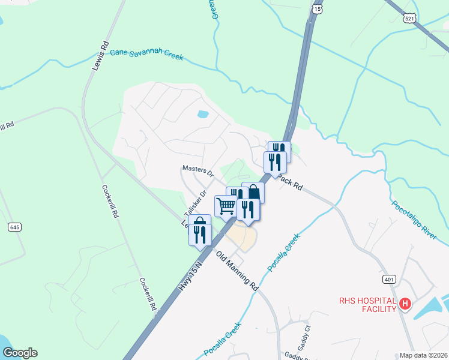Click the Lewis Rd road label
pos(100,56)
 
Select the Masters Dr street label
pos(199,172)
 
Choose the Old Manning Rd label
pos(237,270)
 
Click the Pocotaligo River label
pos(414,220)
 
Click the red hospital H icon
pos(405,305)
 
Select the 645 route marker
pos(15,227)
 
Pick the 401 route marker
pos(390,280)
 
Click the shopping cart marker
pos(226,206)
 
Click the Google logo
pos(20,353)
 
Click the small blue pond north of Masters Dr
pos(203,113)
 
